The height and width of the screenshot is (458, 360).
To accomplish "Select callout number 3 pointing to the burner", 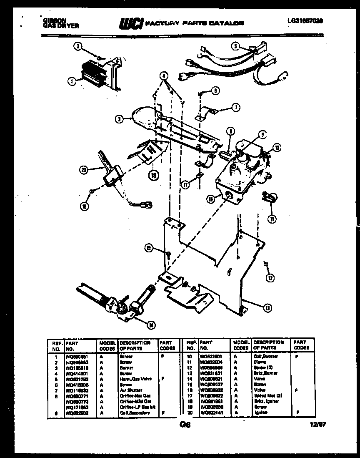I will coord(120,119).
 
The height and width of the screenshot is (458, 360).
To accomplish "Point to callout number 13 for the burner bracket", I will coord(267,308).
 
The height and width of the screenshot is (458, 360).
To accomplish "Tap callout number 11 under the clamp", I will coord(271,218).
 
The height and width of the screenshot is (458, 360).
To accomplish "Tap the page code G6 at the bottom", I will coord(185,425).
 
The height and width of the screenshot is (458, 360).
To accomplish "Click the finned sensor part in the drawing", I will coord(90,74).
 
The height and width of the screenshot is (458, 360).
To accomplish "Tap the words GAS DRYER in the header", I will coord(60,25).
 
